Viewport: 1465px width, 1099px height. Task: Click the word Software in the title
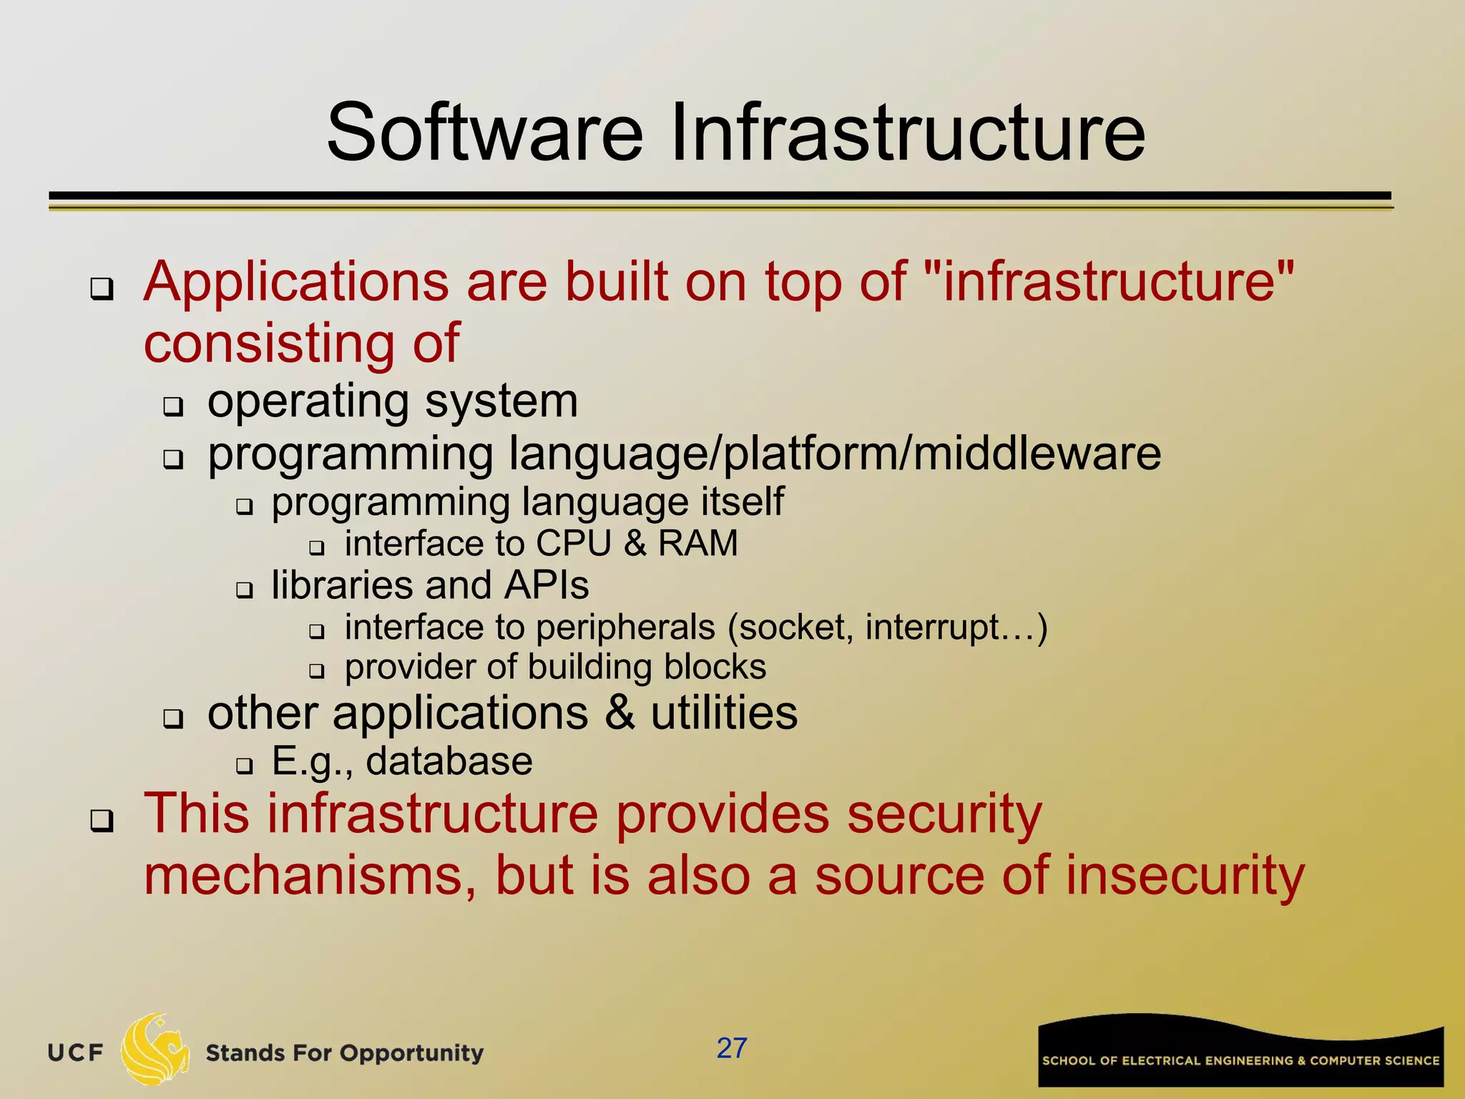(485, 133)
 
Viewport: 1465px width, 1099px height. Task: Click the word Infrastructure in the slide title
(908, 133)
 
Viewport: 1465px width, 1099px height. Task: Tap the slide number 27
(732, 1048)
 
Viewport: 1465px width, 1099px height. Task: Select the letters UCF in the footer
(75, 1053)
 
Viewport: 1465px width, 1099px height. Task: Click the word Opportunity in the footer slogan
(411, 1053)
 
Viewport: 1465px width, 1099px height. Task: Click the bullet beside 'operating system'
(173, 407)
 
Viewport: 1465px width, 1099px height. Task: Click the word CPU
(574, 543)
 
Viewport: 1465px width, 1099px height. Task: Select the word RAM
(697, 543)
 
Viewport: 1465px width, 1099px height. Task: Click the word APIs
(547, 585)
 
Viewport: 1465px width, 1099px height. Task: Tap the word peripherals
(626, 628)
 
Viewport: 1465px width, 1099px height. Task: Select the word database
(449, 761)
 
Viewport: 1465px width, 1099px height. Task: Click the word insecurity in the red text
(1185, 876)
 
